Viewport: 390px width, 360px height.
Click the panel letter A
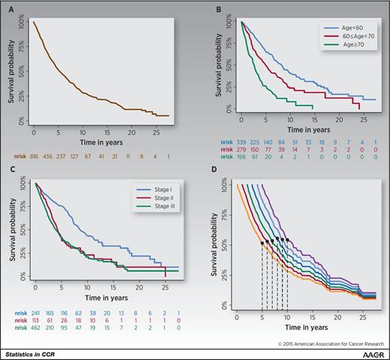pos(10,12)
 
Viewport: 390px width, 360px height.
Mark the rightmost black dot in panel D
pos(288,241)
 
